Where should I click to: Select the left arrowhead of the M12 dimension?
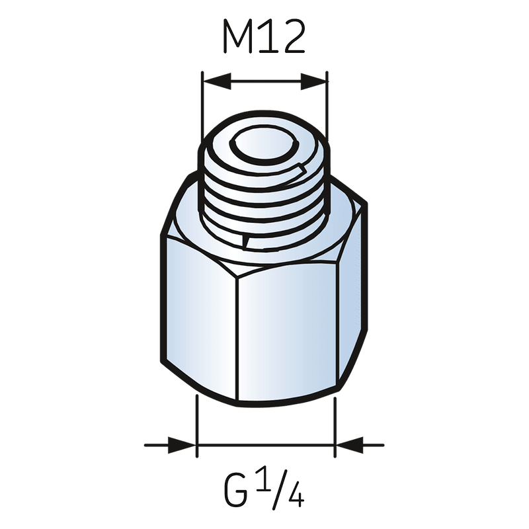(x=217, y=81)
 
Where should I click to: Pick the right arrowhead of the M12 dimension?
(x=313, y=81)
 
